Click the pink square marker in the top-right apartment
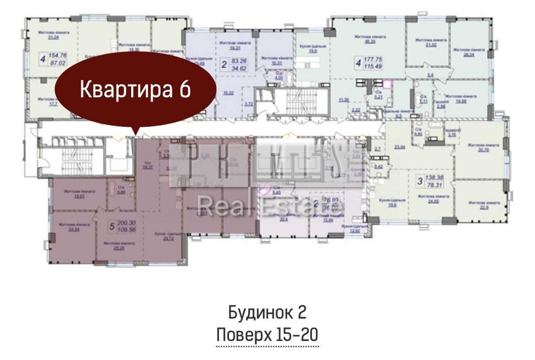387,82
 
